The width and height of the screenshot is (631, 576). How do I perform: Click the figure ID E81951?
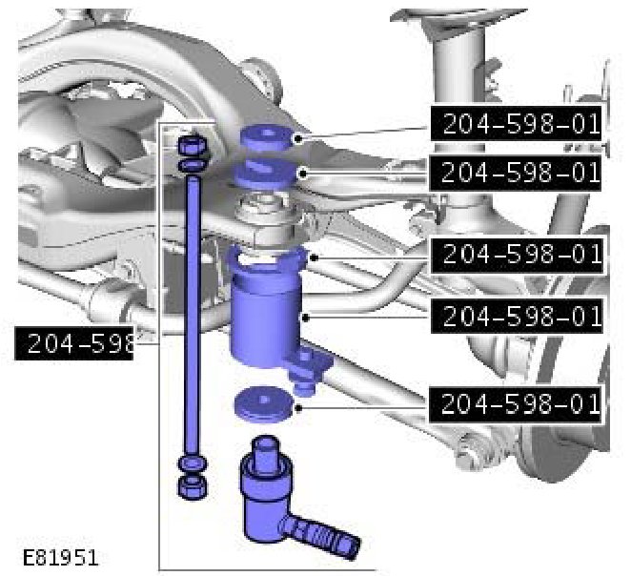pyautogui.click(x=60, y=558)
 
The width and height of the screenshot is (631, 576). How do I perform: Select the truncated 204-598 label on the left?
pyautogui.click(x=74, y=343)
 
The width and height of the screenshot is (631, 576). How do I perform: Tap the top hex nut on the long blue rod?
pyautogui.click(x=193, y=145)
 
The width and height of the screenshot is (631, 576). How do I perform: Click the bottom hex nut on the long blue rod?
pyautogui.click(x=193, y=487)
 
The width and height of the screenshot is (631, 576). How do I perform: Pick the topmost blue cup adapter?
pyautogui.click(x=266, y=138)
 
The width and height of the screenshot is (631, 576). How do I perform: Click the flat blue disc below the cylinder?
pyautogui.click(x=264, y=405)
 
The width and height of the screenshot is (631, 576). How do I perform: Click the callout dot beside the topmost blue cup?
pyautogui.click(x=298, y=139)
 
